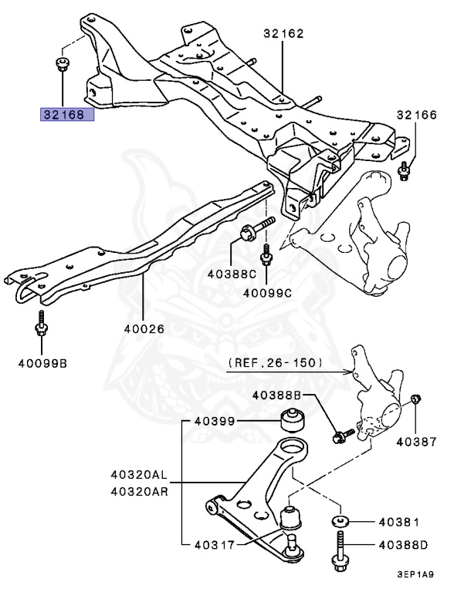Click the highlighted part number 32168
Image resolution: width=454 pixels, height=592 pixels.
[x=64, y=114]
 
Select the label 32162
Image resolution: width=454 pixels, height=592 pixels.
[x=283, y=34]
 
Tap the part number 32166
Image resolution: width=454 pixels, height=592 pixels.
[x=416, y=115]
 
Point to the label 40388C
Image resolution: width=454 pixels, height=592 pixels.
[x=232, y=274]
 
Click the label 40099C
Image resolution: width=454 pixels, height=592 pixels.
[x=267, y=293]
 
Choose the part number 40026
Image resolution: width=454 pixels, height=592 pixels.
[x=144, y=329]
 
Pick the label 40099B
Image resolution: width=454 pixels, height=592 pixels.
[x=42, y=363]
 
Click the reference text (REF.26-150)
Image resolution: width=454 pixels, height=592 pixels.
[x=276, y=363]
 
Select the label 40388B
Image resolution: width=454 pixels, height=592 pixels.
[x=276, y=395]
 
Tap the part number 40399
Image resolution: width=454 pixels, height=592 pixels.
[x=215, y=421]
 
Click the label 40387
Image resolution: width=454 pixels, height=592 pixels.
[x=416, y=442]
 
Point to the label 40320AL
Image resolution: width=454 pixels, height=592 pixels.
[x=139, y=474]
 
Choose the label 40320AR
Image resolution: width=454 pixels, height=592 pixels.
[x=139, y=492]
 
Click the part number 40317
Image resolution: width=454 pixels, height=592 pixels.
[x=215, y=545]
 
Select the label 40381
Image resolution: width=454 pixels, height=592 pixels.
[x=399, y=522]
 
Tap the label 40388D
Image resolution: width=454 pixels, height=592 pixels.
[x=403, y=545]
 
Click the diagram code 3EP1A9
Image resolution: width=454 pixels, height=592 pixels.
[x=415, y=574]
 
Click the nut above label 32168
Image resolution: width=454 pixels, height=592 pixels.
[x=61, y=63]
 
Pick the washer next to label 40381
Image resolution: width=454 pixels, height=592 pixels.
[x=340, y=522]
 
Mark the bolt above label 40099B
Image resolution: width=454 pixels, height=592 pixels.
[x=41, y=323]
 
